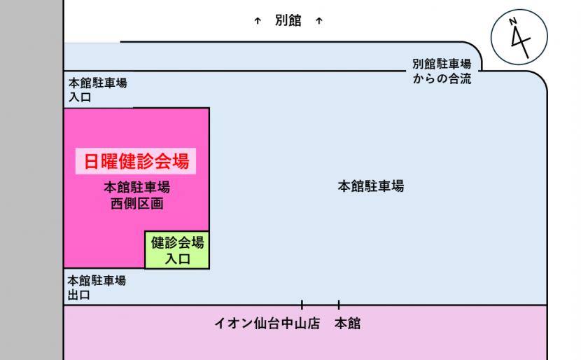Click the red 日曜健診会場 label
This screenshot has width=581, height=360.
coord(136,162)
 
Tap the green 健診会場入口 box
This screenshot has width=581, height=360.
coord(177,250)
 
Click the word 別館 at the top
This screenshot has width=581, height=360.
coord(288,21)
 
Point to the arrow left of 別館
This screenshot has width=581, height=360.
coord(258,21)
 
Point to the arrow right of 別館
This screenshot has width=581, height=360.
coord(318,21)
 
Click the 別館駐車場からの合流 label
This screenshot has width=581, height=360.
coord(442,71)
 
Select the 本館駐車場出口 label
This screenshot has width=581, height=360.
coord(97,287)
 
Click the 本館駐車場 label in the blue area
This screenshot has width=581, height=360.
coord(370,186)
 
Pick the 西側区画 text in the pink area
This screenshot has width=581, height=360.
coord(136,204)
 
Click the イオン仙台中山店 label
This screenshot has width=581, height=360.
coord(267,324)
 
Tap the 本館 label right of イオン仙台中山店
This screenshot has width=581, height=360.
coord(347,324)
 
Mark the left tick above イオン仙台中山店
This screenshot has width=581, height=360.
coord(302,305)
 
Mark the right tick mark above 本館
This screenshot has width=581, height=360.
coord(339,305)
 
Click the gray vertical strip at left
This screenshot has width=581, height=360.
coord(31,180)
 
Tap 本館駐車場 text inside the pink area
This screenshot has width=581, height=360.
coord(136,188)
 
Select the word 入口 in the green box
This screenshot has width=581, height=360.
coord(177,258)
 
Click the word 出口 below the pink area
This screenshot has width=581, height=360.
coord(78,295)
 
